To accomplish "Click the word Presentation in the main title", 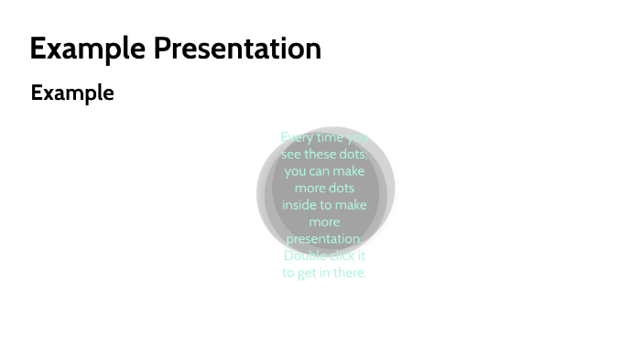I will (x=237, y=49).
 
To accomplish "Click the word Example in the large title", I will (x=87, y=49).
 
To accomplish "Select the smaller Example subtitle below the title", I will (x=72, y=93).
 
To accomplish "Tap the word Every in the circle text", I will (x=297, y=137).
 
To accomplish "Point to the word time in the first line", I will (x=331, y=137).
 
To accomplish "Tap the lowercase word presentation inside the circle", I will (x=324, y=239).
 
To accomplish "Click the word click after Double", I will (x=342, y=256).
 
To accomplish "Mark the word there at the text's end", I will (x=349, y=273).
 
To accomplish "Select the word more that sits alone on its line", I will (x=324, y=222).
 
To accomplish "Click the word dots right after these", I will (x=353, y=154).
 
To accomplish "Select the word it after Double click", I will (x=363, y=256).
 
